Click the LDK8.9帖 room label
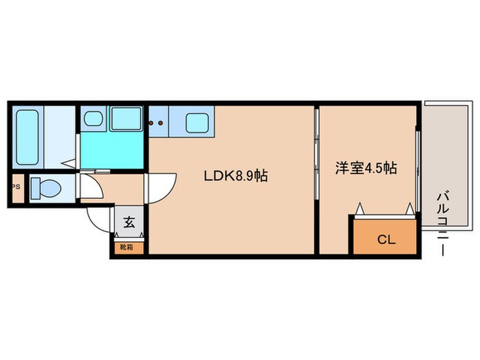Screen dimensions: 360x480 click(x=235, y=176)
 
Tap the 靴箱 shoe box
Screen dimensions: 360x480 click(x=128, y=245)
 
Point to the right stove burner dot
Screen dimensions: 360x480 click(x=162, y=123)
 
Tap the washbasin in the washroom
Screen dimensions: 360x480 click(x=93, y=120)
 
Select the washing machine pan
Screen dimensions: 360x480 click(x=126, y=120)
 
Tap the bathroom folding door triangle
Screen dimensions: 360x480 click(x=69, y=164)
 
